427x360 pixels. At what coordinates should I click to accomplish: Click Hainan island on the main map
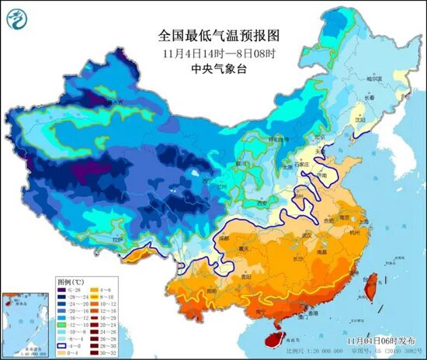(269, 334)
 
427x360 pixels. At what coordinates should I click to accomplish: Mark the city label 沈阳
(358, 120)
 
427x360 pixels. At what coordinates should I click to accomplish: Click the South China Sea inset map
(24, 322)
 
